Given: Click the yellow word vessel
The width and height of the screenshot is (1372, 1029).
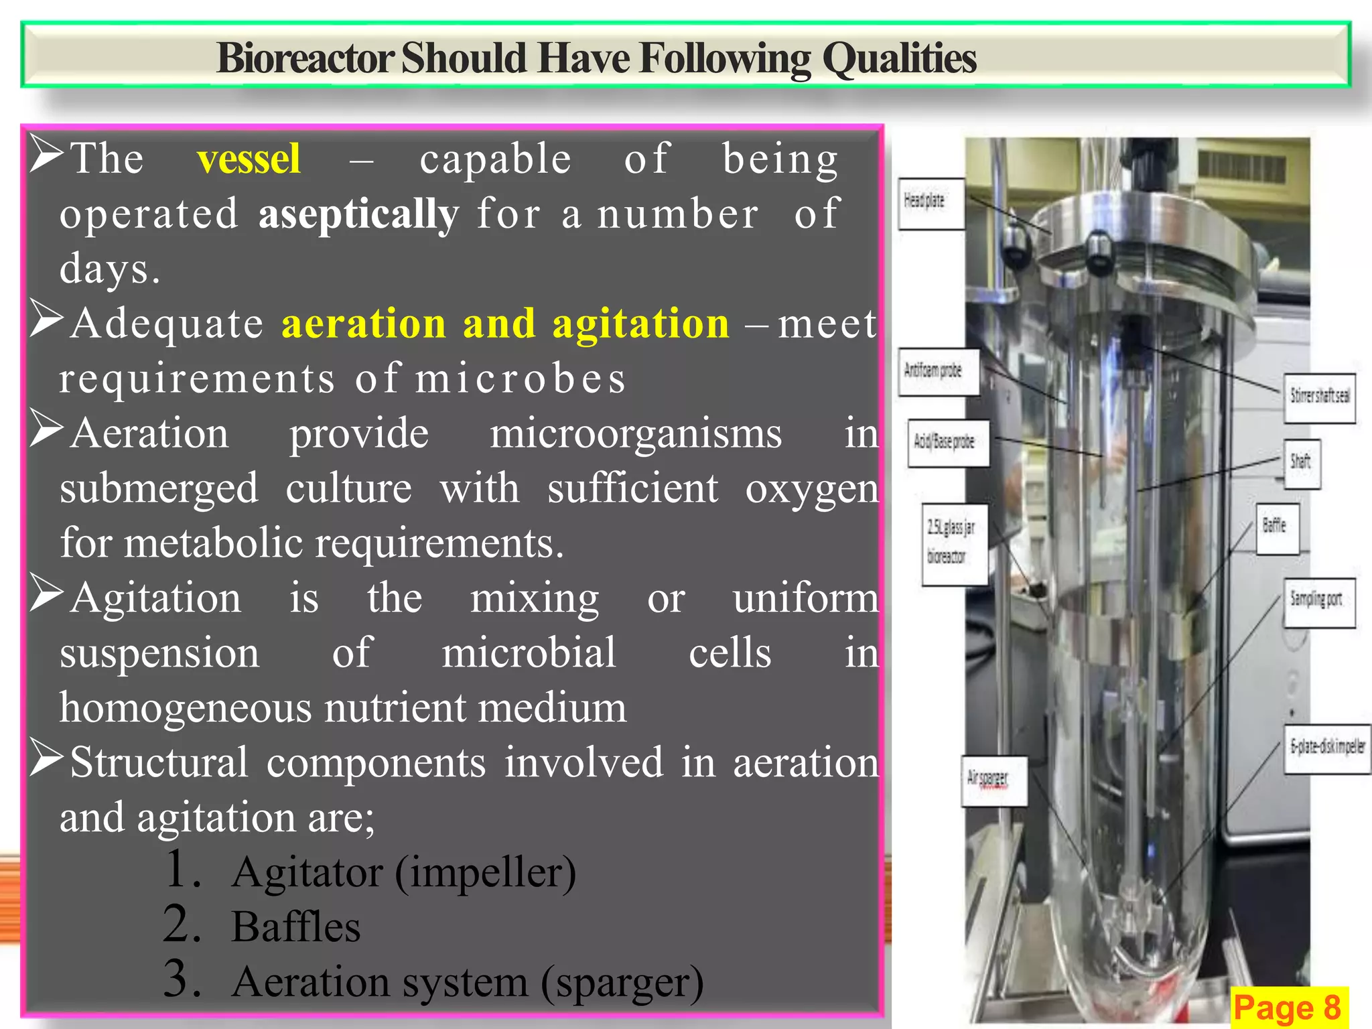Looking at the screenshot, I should point(249,159).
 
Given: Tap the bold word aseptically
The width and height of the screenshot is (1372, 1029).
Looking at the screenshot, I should point(358,214).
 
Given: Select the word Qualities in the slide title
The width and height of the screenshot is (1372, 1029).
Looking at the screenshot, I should point(899,58).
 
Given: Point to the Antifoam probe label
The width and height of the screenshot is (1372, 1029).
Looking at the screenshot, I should point(938,371).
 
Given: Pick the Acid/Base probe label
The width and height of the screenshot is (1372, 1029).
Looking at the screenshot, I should point(948,442).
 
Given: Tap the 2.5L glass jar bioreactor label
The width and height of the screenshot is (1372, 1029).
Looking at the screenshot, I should point(954,543).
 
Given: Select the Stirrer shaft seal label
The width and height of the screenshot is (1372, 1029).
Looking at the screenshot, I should point(1319,397).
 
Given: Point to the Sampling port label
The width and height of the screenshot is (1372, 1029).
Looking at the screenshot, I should point(1318,602).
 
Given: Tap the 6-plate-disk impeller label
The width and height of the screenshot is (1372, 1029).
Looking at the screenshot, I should point(1327,748).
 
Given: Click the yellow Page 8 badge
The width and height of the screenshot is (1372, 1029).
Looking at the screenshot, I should point(1288,1007).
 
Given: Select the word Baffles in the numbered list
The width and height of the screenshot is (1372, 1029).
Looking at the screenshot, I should point(295,927).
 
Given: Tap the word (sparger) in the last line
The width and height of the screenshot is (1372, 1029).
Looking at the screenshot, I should point(622,983).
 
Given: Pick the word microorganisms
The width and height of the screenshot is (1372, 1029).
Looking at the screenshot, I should point(635,434).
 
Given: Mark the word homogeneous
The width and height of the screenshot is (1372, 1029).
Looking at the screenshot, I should point(186,708).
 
